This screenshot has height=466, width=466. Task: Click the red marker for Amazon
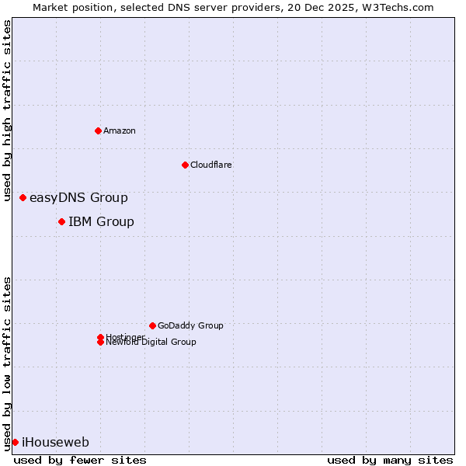pyautogui.click(x=98, y=130)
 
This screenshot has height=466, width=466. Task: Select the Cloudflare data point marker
pyautogui.click(x=185, y=165)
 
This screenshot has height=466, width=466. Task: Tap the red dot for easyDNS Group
pyautogui.click(x=23, y=198)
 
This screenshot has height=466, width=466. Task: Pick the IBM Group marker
pyautogui.click(x=61, y=222)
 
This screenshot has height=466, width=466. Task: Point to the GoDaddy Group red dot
pyautogui.click(x=152, y=325)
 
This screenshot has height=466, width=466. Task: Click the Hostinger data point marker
pyautogui.click(x=100, y=337)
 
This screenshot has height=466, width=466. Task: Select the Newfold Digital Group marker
pyautogui.click(x=100, y=343)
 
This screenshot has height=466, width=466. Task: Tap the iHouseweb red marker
pyautogui.click(x=15, y=443)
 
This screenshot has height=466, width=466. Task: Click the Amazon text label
pyautogui.click(x=120, y=130)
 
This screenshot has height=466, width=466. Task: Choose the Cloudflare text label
pyautogui.click(x=211, y=165)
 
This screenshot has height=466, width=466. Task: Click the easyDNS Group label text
pyautogui.click(x=78, y=198)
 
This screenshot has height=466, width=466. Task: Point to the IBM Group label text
pyautogui.click(x=101, y=222)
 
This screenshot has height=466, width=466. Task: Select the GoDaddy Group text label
pyautogui.click(x=190, y=325)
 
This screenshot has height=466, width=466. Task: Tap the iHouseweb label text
pyautogui.click(x=55, y=443)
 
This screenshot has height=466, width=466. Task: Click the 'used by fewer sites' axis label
pyautogui.click(x=80, y=460)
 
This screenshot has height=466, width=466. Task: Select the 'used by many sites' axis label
pyautogui.click(x=390, y=460)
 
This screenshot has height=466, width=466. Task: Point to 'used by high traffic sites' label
pyautogui.click(x=7, y=110)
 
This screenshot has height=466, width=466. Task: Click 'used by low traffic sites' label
pyautogui.click(x=7, y=363)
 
